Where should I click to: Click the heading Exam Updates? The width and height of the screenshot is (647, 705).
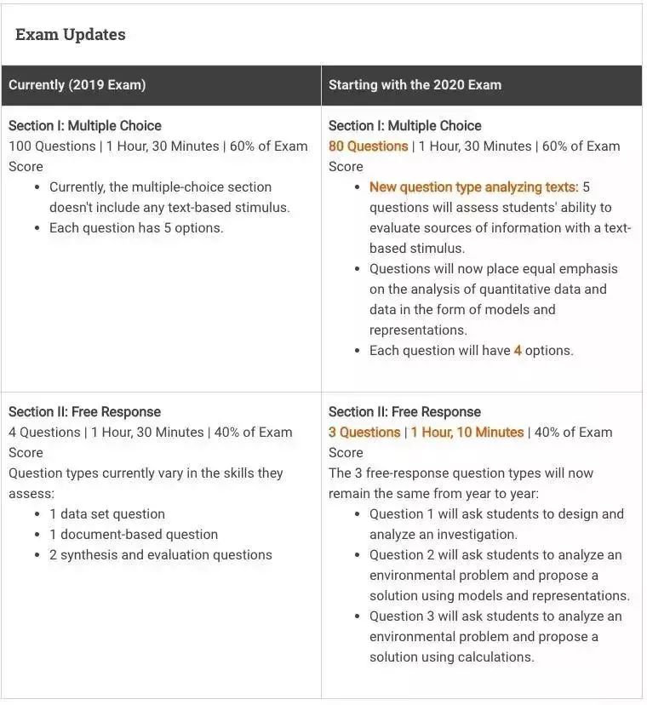click(71, 35)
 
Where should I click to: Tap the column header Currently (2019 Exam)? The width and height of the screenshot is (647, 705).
click(77, 85)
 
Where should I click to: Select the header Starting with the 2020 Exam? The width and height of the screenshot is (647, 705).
click(415, 85)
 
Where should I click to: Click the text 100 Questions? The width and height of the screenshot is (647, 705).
click(52, 146)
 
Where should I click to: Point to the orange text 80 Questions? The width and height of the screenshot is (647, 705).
click(369, 146)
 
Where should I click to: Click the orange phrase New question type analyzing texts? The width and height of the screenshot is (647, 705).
click(473, 187)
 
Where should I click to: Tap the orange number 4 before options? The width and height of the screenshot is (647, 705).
click(518, 351)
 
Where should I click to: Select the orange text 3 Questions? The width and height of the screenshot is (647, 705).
click(364, 433)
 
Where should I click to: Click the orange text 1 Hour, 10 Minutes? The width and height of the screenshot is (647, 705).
click(467, 433)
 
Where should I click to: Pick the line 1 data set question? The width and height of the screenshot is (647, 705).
click(107, 514)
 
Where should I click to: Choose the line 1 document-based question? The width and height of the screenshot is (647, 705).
click(134, 535)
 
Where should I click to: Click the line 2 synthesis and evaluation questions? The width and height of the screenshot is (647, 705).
click(161, 555)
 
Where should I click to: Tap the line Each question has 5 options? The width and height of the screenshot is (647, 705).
click(136, 228)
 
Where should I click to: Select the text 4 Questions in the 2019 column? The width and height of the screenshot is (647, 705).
click(45, 433)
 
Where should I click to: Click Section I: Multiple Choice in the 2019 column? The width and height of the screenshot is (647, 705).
click(85, 126)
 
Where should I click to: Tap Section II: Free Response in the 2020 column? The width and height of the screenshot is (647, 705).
click(404, 412)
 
